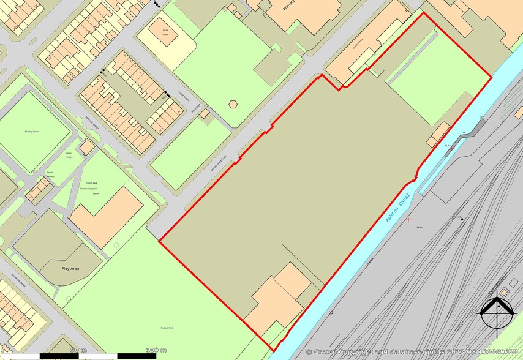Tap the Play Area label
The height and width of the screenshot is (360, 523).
click(70, 268)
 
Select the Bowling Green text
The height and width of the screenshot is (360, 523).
click(32, 132)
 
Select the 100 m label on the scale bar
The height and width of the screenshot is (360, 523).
click(157, 350)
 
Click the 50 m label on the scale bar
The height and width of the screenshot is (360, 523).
click(78, 350)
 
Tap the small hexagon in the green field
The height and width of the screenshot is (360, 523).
click(233, 103)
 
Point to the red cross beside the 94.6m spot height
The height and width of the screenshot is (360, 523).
click(408, 219)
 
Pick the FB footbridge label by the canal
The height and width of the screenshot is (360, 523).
click(464, 133)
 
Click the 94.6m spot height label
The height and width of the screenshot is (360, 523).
click(420, 227)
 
